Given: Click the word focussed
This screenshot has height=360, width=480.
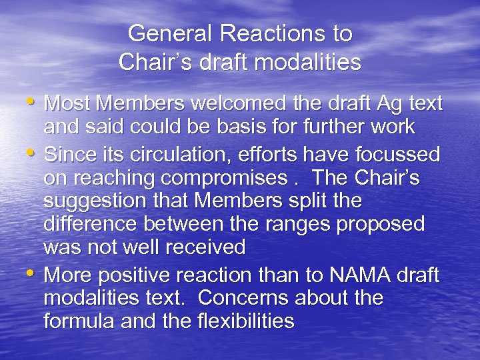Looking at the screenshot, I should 393,155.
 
